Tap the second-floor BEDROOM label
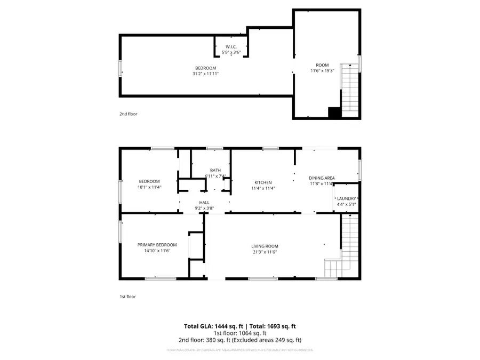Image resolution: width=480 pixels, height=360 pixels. click(205, 68)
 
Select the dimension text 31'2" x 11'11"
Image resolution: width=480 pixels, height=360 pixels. click(205, 74)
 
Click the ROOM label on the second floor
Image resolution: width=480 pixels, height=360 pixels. click(322, 65)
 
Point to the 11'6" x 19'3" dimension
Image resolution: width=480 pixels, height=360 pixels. click(322, 71)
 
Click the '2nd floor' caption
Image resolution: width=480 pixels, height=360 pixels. click(129, 114)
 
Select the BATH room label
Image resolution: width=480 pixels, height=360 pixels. click(215, 170)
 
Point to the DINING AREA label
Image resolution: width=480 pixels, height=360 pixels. click(322, 178)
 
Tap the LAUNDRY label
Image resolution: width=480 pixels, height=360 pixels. click(346, 198)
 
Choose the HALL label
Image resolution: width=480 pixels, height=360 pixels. click(204, 203)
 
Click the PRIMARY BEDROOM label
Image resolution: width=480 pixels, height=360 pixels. click(157, 245)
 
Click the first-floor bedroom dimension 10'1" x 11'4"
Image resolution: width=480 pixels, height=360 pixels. click(150, 187)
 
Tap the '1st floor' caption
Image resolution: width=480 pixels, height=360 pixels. click(128, 297)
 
